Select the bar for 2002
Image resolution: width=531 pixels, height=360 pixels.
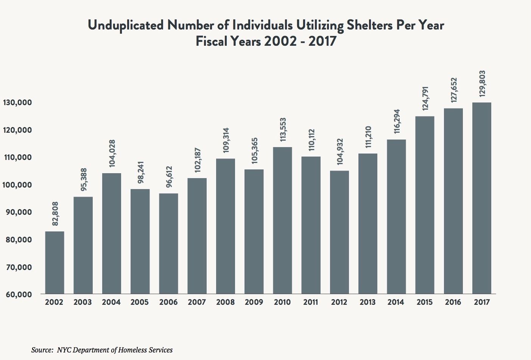[55, 262]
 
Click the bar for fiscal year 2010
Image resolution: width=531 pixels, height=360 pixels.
[282, 220]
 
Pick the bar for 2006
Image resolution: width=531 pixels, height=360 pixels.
[168, 244]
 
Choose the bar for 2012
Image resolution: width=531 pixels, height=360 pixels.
[339, 232]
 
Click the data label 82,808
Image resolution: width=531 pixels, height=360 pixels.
[55, 214]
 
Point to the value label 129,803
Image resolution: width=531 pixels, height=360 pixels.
[482, 84]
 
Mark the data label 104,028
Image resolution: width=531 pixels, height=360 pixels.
[112, 153]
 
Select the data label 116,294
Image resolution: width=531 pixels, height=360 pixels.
[397, 122]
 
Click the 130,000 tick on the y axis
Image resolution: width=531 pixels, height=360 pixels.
[17, 102]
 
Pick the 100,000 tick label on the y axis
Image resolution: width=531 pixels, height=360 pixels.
[17, 185]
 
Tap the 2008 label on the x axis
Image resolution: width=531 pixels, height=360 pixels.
[225, 302]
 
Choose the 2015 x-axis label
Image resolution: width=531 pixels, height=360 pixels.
[424, 302]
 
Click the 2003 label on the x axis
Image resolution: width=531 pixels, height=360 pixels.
[83, 302]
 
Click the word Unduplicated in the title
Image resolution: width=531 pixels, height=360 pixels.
[126, 25]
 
